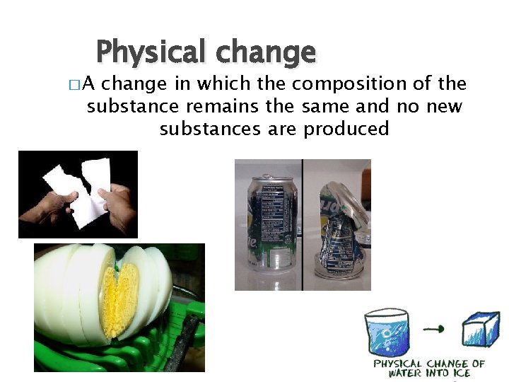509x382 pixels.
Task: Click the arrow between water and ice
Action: point(434,328)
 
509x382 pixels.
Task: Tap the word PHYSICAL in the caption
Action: point(396,364)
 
